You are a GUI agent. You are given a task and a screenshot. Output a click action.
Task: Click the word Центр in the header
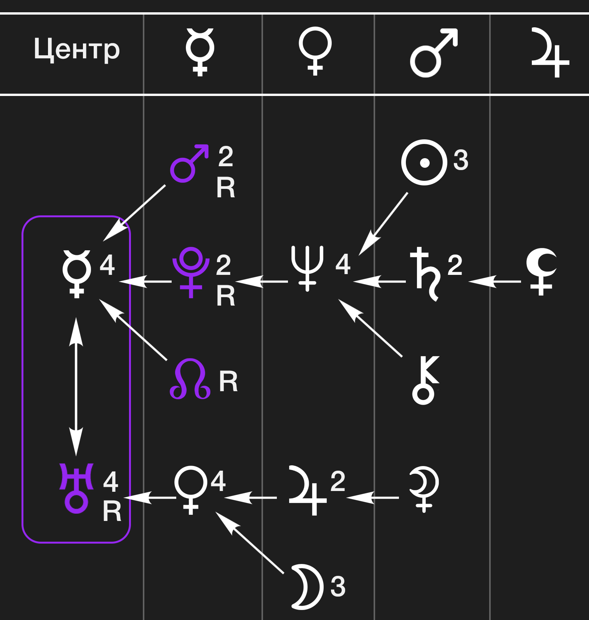tap(77, 50)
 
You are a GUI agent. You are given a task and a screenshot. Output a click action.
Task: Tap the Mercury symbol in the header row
tap(200, 52)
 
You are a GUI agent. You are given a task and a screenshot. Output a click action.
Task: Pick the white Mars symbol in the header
tap(433, 53)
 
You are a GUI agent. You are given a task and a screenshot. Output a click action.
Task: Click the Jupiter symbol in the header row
tap(550, 53)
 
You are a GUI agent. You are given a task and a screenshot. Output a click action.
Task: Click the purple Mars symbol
tap(188, 164)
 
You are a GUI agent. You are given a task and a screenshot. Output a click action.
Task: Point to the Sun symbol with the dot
tap(424, 162)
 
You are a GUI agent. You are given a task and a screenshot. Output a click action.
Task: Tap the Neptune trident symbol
tap(307, 268)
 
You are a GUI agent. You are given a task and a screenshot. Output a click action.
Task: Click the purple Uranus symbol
tap(76, 488)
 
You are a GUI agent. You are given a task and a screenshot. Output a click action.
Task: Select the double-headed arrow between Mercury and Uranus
tap(76, 387)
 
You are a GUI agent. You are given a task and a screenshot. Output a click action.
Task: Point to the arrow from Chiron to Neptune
tap(371, 328)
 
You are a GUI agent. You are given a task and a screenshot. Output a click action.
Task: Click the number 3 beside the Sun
tap(461, 160)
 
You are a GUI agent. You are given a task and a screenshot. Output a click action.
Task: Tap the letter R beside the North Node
tap(228, 382)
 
